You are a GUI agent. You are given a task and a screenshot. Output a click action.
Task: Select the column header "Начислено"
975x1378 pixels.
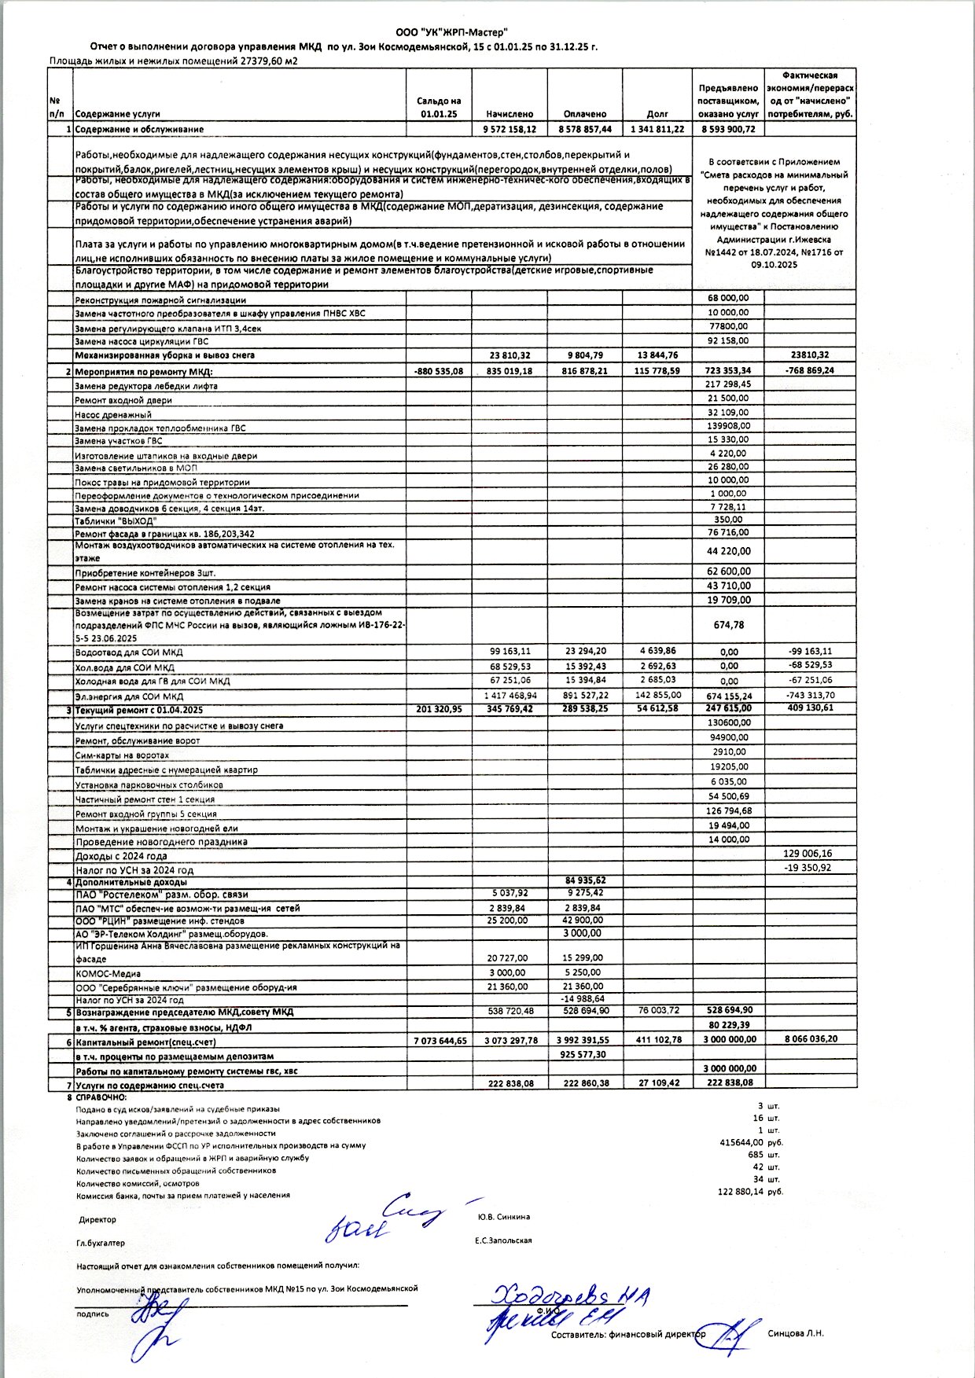click(509, 114)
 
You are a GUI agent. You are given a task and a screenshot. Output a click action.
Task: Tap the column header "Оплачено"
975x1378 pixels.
click(585, 114)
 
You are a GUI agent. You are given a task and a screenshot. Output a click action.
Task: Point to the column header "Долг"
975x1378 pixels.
click(657, 114)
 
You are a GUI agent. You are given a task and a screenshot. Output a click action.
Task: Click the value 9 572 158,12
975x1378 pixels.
click(509, 129)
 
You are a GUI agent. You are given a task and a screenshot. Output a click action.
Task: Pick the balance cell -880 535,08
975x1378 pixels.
click(438, 371)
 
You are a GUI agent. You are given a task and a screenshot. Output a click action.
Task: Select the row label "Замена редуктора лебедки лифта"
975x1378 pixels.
click(146, 386)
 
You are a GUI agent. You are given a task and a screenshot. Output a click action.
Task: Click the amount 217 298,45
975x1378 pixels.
click(728, 384)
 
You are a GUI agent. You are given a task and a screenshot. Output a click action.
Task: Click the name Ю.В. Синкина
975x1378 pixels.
click(503, 1217)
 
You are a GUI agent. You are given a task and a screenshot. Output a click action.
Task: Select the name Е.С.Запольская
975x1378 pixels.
click(503, 1240)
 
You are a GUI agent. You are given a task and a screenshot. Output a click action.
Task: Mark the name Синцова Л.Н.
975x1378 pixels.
click(796, 1333)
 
